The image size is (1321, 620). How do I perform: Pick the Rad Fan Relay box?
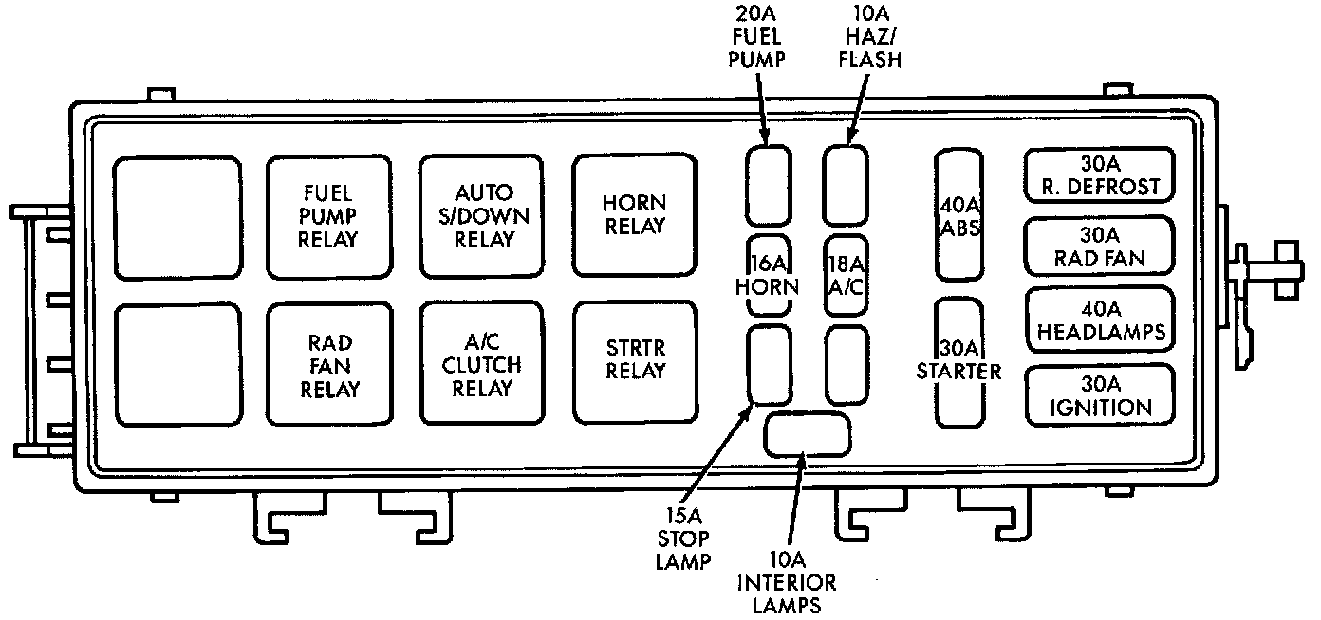point(328,363)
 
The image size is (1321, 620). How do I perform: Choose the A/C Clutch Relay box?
point(482,363)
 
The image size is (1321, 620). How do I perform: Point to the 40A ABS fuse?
point(958,215)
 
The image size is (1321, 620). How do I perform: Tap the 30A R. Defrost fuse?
point(1098,175)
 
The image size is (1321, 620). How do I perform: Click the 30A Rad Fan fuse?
point(1098,246)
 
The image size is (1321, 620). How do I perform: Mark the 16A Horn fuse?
point(769,274)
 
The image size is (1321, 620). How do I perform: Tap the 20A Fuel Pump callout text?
point(761,38)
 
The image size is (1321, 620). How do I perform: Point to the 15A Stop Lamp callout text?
point(683,538)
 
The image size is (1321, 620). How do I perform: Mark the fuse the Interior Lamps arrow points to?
point(807,434)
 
